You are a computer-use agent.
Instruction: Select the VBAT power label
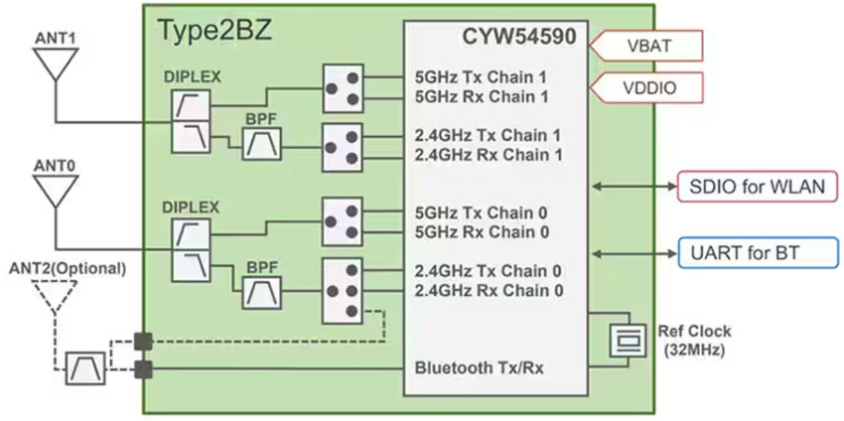(x=650, y=46)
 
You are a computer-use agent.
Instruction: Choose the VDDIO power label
(x=650, y=87)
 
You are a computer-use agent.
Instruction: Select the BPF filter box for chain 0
(x=263, y=291)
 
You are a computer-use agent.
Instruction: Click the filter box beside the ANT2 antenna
(x=83, y=369)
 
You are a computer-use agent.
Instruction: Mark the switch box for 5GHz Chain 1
(x=342, y=86)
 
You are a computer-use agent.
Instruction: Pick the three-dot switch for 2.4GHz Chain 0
(x=342, y=291)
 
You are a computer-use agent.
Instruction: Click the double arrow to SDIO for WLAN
(x=632, y=186)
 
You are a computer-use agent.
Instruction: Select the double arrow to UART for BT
(x=632, y=253)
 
